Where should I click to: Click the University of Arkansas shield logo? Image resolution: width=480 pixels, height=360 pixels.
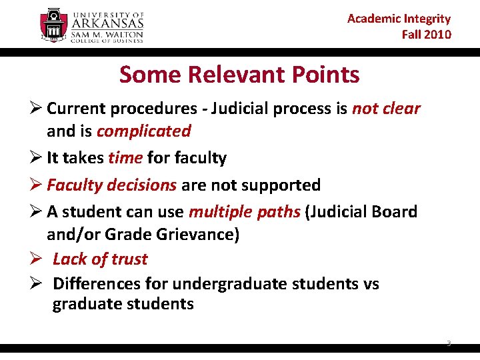coord(54,25)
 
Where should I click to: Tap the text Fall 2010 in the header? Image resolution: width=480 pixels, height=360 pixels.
coord(426,34)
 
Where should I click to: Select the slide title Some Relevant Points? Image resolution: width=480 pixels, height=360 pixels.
coord(239,75)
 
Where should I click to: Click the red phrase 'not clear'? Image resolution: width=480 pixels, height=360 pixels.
coord(386,109)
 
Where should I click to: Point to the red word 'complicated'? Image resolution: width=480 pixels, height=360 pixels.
coord(143,131)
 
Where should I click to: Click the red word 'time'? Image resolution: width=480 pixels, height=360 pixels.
coord(125,158)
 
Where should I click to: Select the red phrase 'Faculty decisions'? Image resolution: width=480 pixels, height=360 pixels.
coord(111,185)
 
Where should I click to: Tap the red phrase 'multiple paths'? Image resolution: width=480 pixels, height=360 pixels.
coord(245,212)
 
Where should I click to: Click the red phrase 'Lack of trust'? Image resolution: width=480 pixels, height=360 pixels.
coord(100,259)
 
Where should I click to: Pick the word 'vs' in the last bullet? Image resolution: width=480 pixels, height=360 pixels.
coord(371,283)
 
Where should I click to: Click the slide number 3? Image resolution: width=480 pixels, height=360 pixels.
coord(449,343)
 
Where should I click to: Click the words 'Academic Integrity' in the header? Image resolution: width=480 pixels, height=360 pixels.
coord(399,19)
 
